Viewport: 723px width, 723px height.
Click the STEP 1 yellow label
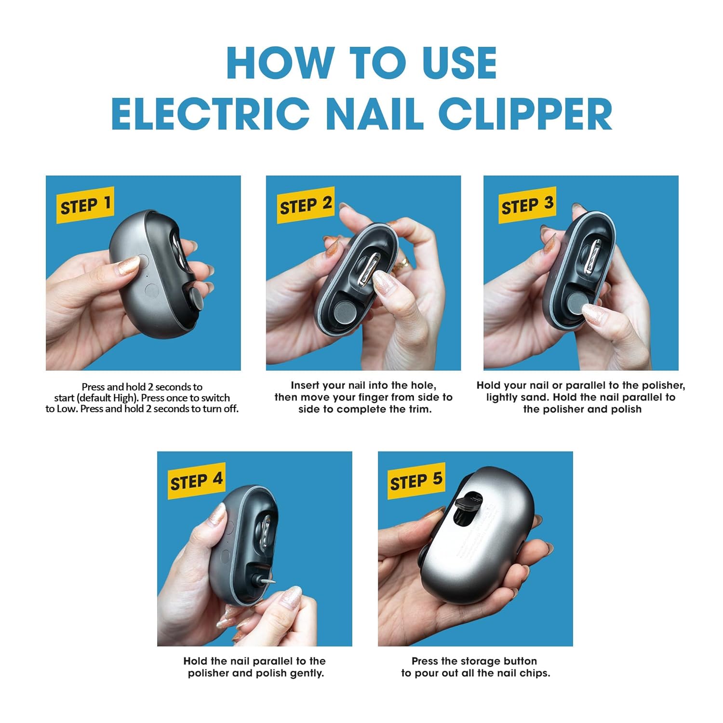coord(85,205)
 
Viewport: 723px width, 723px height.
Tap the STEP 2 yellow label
coord(305,205)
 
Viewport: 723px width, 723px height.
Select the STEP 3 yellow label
coord(527,205)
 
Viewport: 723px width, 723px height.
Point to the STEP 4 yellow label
coord(196,481)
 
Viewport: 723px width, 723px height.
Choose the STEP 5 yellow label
coord(416,481)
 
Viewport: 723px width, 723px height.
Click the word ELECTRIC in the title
coord(211,114)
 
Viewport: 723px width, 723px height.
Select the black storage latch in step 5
coord(468,503)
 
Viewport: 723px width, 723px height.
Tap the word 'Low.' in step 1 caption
coord(67,409)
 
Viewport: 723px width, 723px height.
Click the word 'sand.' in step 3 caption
coord(535,398)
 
